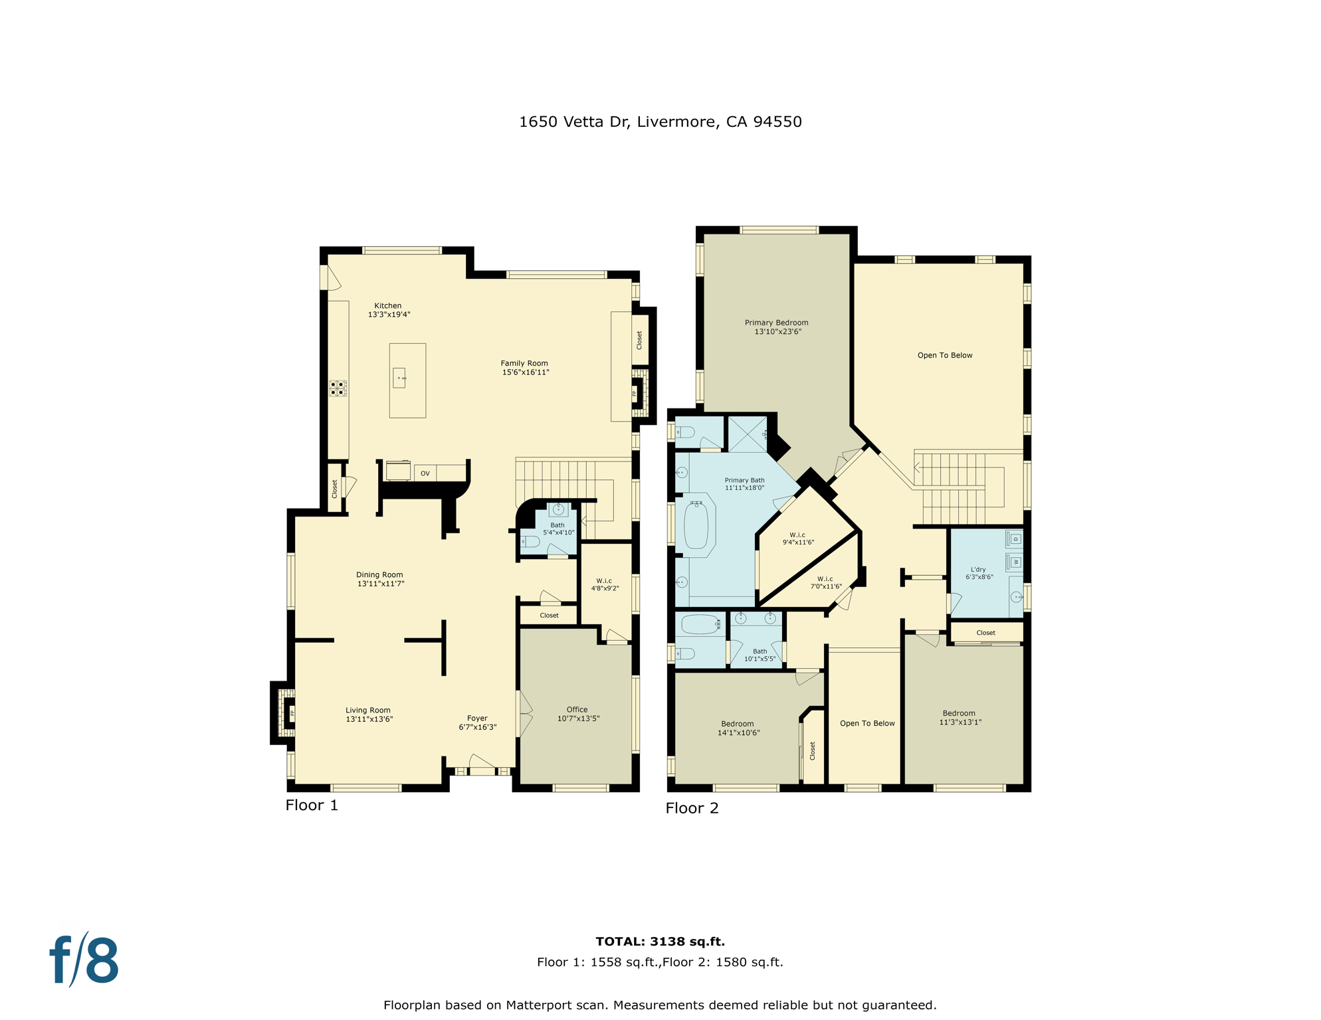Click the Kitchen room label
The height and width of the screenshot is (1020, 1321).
tap(387, 306)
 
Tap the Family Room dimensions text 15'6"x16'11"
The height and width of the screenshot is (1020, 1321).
tap(525, 373)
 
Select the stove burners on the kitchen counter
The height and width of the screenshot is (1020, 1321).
tap(338, 388)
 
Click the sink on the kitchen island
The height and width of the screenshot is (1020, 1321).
tap(399, 378)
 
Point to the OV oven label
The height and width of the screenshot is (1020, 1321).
tap(425, 473)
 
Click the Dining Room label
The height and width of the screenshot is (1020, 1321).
tap(379, 575)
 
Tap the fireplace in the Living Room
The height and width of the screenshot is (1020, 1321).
tap(288, 713)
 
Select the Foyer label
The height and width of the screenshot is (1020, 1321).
tap(477, 719)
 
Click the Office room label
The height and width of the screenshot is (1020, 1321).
tap(577, 710)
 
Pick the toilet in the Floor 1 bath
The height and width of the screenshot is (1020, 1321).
tap(531, 541)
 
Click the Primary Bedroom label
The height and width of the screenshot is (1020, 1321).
tap(776, 323)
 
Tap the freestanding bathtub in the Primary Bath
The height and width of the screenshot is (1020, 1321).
tap(696, 526)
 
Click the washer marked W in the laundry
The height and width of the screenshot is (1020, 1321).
tap(1015, 562)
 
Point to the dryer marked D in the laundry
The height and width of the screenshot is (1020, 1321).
tap(1015, 539)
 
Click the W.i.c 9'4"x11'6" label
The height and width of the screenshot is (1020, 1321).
tap(797, 539)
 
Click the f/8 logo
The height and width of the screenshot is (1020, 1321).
tap(84, 960)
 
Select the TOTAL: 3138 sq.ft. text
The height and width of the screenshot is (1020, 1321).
tap(660, 942)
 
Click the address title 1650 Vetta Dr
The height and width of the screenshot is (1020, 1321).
tap(660, 122)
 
